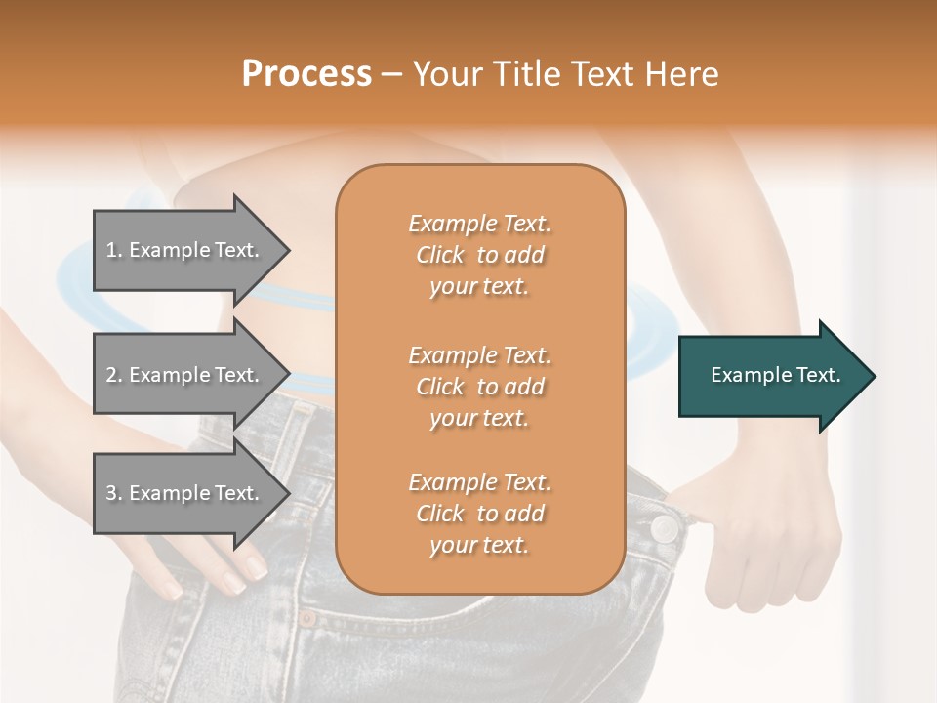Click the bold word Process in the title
[x=306, y=74]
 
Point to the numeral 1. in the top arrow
[x=113, y=251]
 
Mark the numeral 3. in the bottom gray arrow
[x=113, y=493]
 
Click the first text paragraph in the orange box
[x=479, y=255]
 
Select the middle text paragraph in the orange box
[x=479, y=387]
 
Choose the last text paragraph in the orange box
[x=479, y=514]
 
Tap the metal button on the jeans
[x=665, y=528]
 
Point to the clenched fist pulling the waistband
[x=771, y=547]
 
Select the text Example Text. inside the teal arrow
[x=776, y=376]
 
